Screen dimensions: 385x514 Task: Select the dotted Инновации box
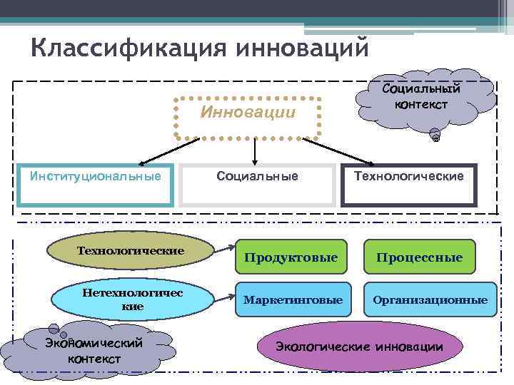tap(248, 114)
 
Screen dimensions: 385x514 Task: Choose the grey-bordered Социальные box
tap(258, 185)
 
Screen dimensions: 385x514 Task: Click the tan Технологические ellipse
tap(130, 251)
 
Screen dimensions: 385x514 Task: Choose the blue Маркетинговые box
tap(293, 300)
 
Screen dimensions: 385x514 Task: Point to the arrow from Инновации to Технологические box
tap(339, 152)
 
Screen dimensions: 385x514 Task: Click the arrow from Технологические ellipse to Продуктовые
tap(223, 248)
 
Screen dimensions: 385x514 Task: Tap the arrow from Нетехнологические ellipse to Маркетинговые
tap(223, 294)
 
